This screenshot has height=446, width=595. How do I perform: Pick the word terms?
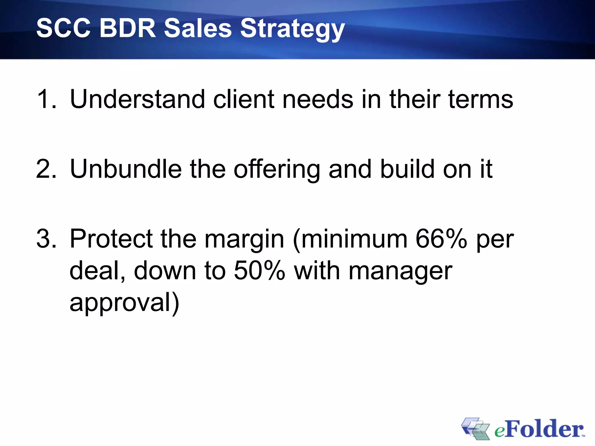click(481, 99)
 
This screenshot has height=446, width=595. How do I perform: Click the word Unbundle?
click(126, 169)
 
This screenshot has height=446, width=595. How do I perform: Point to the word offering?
click(277, 170)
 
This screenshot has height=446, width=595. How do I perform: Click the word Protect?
click(111, 239)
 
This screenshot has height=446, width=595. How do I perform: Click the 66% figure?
click(441, 239)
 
